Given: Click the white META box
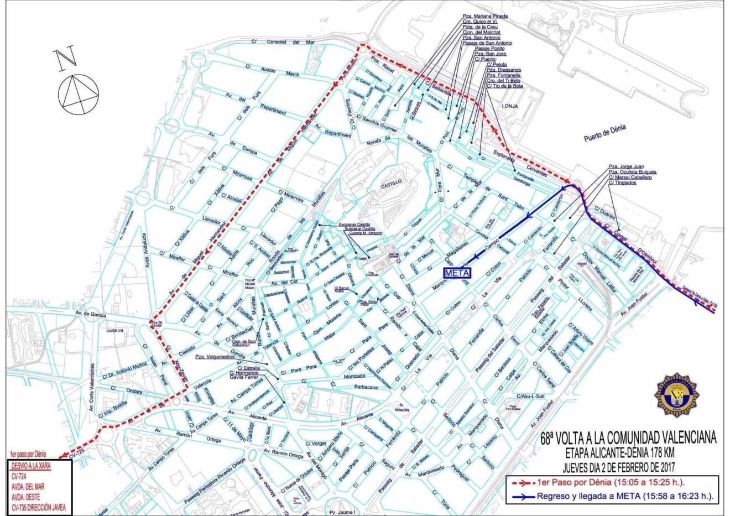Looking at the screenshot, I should click(x=457, y=273).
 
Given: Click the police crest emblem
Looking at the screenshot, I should click(x=676, y=396).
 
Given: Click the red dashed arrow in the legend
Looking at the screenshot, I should click(x=520, y=483).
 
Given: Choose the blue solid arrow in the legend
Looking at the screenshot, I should click(x=520, y=496).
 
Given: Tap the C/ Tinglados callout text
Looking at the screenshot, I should click(x=622, y=183).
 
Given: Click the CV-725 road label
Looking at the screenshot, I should click(x=78, y=452).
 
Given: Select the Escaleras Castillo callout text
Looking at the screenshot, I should click(x=354, y=224).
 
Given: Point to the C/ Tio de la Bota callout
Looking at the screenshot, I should click(x=504, y=86).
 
